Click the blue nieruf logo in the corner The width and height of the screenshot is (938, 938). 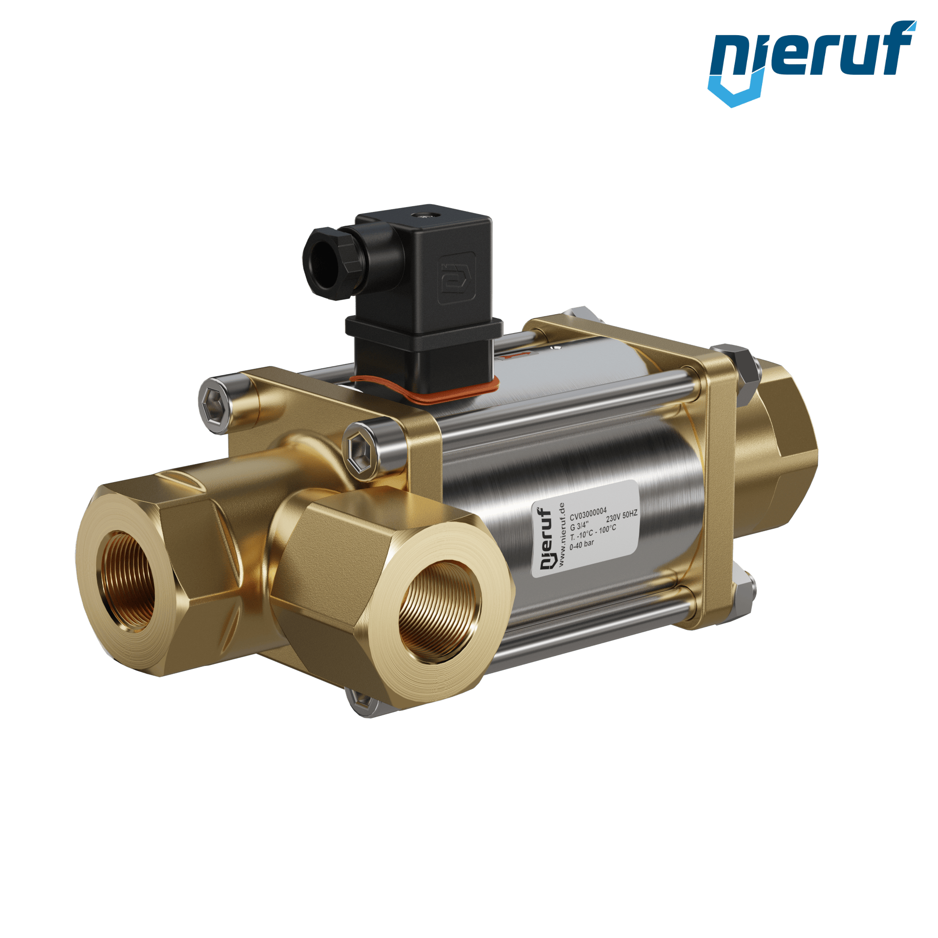click(x=812, y=63)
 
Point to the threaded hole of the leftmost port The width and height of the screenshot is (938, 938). click(x=128, y=581)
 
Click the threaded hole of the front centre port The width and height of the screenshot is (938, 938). click(x=440, y=611)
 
